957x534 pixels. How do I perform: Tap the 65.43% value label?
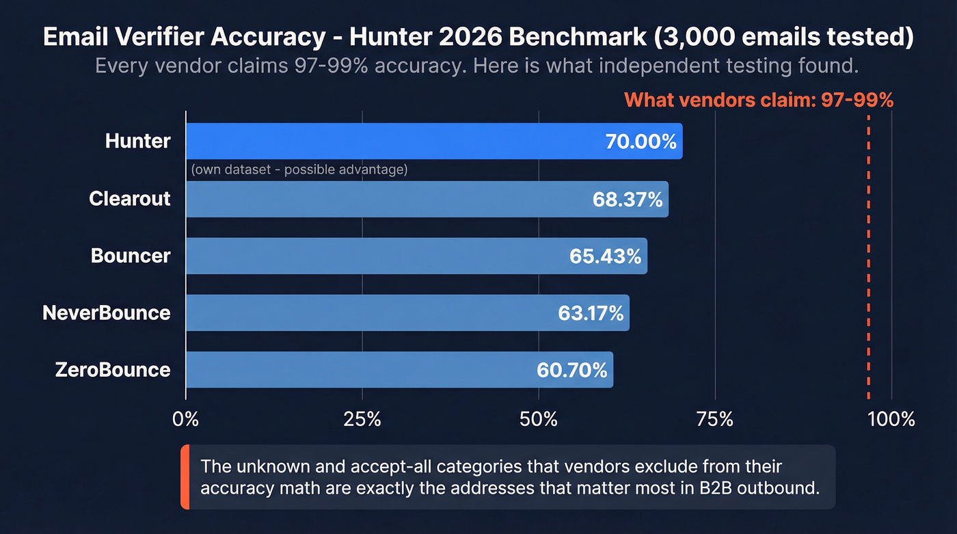tap(605, 256)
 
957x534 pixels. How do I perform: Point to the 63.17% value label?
tap(591, 313)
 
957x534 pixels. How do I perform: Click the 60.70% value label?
tap(572, 370)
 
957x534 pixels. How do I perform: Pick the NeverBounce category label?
tap(106, 313)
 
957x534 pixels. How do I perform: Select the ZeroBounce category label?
tap(112, 370)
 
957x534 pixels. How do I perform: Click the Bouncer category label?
tap(131, 256)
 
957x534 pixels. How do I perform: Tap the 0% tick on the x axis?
tap(185, 418)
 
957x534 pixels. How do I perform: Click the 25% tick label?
tap(362, 418)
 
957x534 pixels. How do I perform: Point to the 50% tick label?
tap(539, 418)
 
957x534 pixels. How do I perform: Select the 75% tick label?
tap(715, 418)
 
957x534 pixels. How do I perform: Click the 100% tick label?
tap(891, 418)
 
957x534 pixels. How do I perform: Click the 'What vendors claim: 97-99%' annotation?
tap(759, 101)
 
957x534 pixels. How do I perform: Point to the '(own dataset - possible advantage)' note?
tap(299, 170)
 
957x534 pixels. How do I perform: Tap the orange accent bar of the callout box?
tap(185, 477)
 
